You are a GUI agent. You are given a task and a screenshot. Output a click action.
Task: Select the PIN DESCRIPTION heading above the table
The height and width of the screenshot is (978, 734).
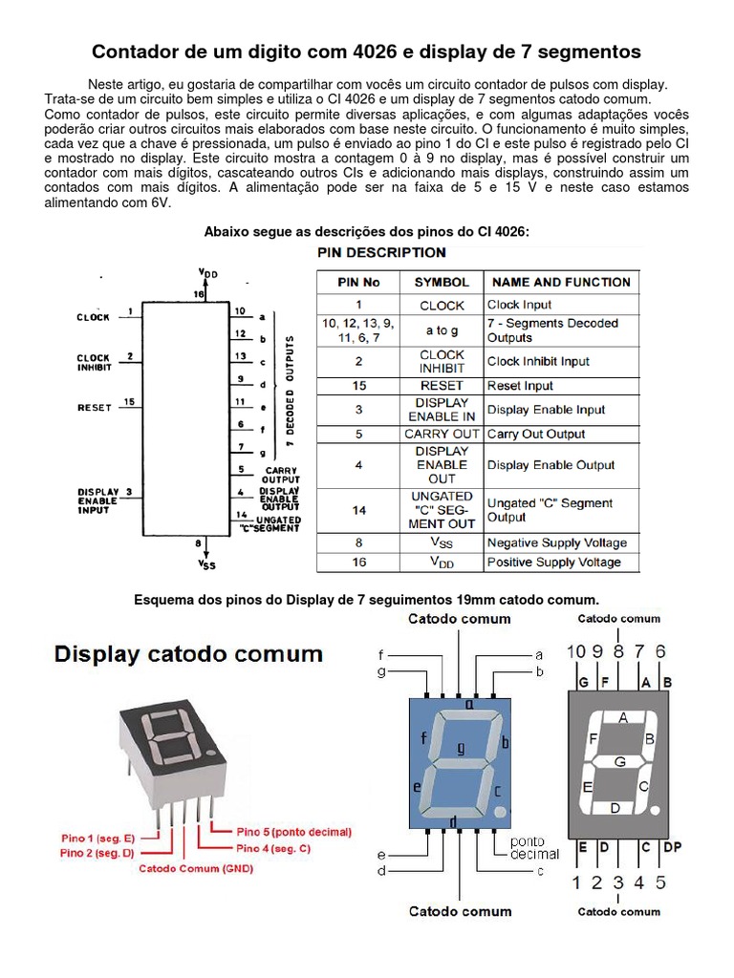pyautogui.click(x=381, y=252)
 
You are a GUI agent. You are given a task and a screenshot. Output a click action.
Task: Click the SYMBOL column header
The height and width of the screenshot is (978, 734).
pyautogui.click(x=442, y=282)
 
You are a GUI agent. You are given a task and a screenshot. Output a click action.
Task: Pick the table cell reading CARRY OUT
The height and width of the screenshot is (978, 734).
pyautogui.click(x=442, y=434)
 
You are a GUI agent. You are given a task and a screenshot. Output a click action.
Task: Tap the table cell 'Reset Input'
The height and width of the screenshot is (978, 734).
pyautogui.click(x=520, y=386)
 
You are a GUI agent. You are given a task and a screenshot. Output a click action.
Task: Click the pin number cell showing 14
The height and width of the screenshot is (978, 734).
pyautogui.click(x=358, y=510)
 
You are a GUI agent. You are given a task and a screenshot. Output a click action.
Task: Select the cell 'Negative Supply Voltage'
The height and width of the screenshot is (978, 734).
pyautogui.click(x=557, y=542)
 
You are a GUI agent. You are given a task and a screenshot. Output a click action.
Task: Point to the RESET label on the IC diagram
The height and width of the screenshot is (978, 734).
pyautogui.click(x=95, y=407)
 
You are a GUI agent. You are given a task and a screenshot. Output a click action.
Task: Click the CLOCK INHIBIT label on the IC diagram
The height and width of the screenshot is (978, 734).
pyautogui.click(x=94, y=362)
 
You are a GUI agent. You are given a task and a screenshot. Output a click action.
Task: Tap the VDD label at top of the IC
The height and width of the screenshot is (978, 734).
pyautogui.click(x=207, y=273)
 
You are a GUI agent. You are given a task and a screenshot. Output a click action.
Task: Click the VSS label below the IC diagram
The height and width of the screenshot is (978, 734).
pyautogui.click(x=207, y=564)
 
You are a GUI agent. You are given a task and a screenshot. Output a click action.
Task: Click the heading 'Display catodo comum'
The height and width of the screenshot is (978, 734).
pyautogui.click(x=188, y=655)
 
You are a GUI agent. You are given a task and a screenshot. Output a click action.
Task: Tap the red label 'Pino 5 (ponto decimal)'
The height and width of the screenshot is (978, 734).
pyautogui.click(x=293, y=831)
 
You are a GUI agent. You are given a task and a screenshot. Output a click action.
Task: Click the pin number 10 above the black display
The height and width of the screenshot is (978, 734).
pyautogui.click(x=576, y=651)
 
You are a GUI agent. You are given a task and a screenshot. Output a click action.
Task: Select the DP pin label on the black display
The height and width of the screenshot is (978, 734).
pyautogui.click(x=672, y=847)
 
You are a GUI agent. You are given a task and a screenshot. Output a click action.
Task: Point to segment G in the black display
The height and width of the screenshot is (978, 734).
pyautogui.click(x=619, y=761)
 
